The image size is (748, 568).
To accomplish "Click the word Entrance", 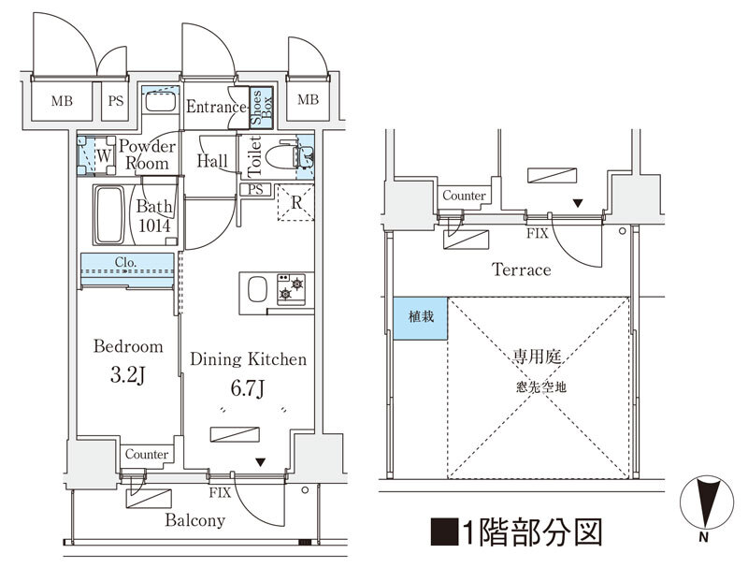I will [216, 107].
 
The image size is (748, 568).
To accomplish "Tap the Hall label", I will [213, 161].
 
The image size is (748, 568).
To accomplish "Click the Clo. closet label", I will [127, 263].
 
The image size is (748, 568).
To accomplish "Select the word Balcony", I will [194, 520].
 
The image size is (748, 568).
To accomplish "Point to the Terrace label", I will [522, 270].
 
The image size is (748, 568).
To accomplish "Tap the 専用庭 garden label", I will [537, 357].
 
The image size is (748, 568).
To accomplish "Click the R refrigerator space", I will [295, 204].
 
